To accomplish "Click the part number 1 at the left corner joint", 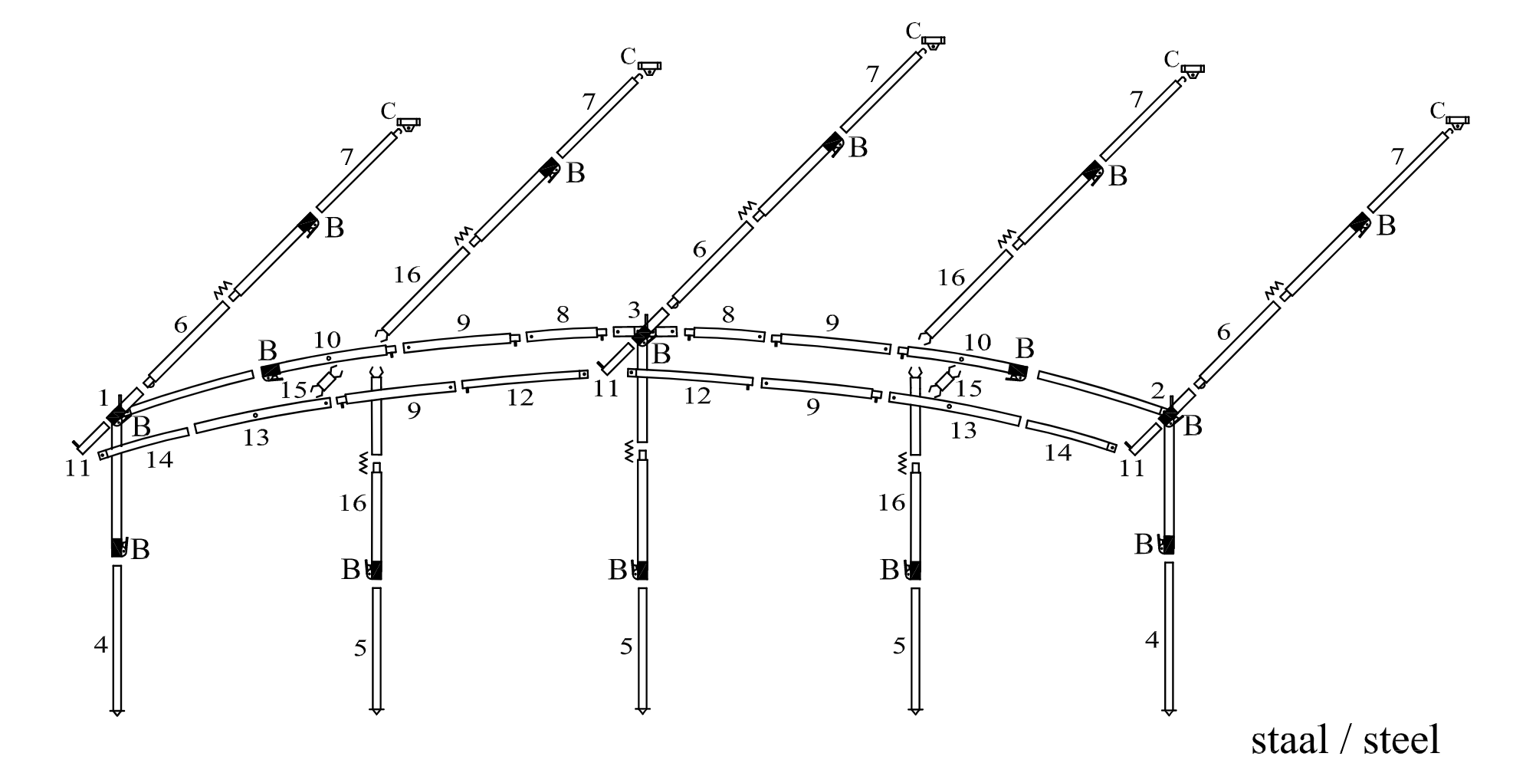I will [103, 398].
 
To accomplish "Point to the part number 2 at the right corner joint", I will [1157, 392].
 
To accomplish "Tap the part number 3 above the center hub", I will [633, 311].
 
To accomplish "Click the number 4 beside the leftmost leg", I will [100, 645].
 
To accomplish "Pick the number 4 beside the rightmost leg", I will [1151, 640].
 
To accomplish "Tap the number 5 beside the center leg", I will [626, 646].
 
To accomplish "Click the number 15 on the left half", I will [293, 390].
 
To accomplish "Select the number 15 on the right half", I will [969, 388].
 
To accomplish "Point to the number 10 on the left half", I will [327, 340].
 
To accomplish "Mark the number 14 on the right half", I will [1058, 453].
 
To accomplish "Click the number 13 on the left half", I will [256, 439].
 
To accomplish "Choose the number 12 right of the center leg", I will [697, 396].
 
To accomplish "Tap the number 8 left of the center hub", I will [563, 314].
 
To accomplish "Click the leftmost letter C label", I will [388, 111].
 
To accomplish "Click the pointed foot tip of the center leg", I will [642, 711].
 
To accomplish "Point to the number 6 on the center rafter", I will [699, 249].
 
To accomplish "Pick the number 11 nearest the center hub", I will [606, 389].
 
